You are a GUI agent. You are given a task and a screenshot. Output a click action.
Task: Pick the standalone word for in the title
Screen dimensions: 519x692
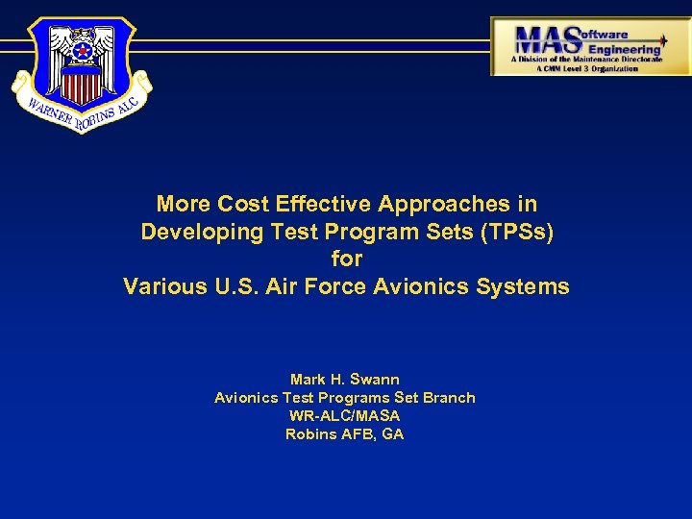point(346,259)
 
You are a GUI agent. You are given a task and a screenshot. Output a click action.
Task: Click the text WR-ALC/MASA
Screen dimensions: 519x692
point(344,416)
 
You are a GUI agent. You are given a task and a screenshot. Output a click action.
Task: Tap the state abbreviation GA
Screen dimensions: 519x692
point(393,434)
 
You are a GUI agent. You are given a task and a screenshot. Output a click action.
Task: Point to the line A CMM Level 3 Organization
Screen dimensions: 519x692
point(586,69)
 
